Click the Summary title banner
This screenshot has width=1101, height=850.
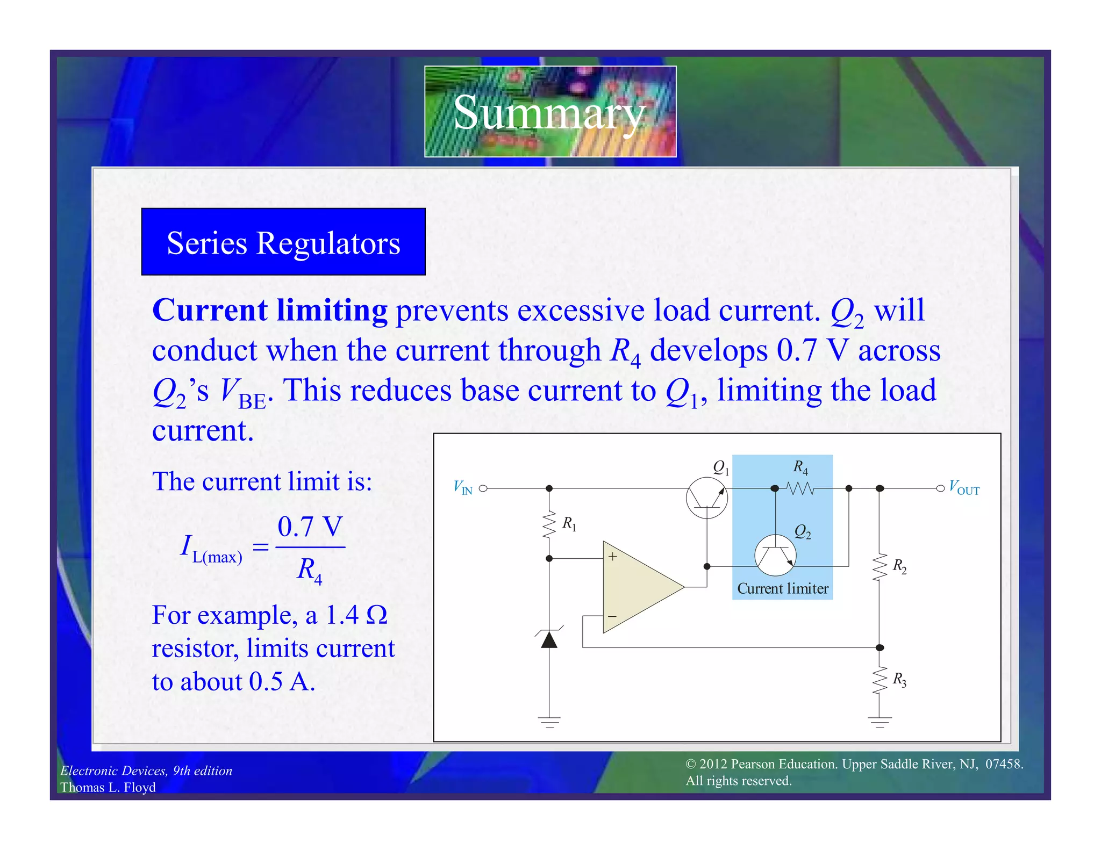pyautogui.click(x=549, y=111)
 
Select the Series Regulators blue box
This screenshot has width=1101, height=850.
pyautogui.click(x=283, y=242)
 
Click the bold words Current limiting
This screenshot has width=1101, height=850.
pyautogui.click(x=270, y=311)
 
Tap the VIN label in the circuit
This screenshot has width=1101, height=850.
pyautogui.click(x=462, y=488)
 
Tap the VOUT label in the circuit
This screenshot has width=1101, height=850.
pyautogui.click(x=964, y=488)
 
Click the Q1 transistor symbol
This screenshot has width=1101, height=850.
pyautogui.click(x=706, y=498)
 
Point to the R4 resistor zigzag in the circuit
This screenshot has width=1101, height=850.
pyautogui.click(x=800, y=488)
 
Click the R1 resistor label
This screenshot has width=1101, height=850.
pyautogui.click(x=569, y=523)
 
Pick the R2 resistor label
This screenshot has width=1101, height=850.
pyautogui.click(x=899, y=566)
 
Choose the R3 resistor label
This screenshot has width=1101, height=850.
pyautogui.click(x=899, y=680)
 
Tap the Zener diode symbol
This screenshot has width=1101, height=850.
pyautogui.click(x=549, y=639)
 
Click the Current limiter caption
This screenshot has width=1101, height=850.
pyautogui.click(x=782, y=589)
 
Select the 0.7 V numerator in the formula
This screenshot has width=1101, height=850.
pyautogui.click(x=310, y=527)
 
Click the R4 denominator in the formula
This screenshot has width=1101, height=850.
pyautogui.click(x=310, y=570)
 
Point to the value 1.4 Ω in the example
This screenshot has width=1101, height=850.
pyautogui.click(x=356, y=615)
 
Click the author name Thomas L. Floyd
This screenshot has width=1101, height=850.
pyautogui.click(x=108, y=787)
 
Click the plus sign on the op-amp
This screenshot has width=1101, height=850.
pyautogui.click(x=612, y=557)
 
